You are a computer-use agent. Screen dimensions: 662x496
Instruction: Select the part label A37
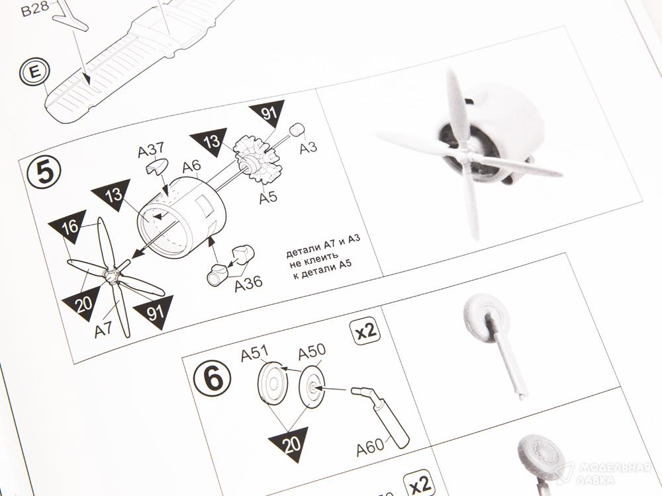pyautogui.click(x=151, y=150)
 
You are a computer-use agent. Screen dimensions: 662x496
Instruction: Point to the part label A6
pyautogui.click(x=192, y=167)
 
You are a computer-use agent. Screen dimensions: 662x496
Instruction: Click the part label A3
pyautogui.click(x=308, y=147)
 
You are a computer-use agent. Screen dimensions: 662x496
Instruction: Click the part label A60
pyautogui.click(x=370, y=448)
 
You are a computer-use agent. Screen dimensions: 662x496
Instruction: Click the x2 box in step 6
pyautogui.click(x=365, y=331)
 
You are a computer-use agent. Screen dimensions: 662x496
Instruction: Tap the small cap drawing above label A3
pyautogui.click(x=297, y=130)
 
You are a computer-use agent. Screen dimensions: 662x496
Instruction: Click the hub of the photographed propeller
pyautogui.click(x=465, y=157)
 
